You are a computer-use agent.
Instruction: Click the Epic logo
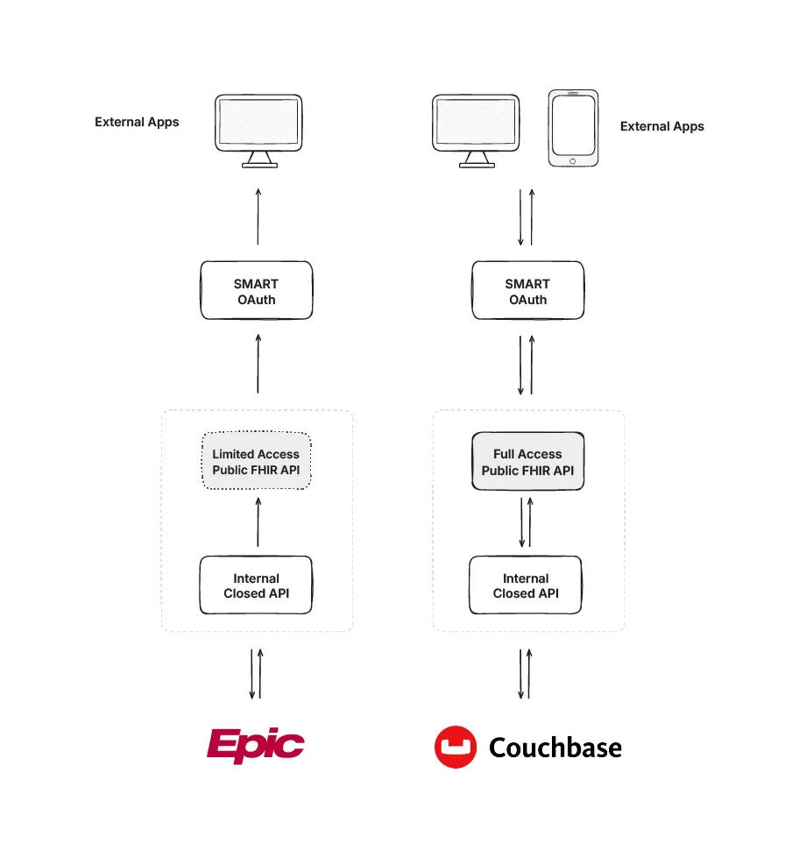[256, 746]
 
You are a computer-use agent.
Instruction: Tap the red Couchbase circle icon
[456, 747]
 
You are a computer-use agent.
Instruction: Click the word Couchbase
[555, 748]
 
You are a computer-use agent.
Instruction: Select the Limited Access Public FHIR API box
[257, 462]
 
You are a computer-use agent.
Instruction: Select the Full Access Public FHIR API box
[527, 462]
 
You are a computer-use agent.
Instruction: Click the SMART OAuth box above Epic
[257, 291]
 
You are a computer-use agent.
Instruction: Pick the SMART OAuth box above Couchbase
[527, 291]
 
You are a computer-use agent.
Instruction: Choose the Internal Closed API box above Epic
[257, 585]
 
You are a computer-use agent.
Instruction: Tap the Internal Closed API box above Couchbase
[526, 585]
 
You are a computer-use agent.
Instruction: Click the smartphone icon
[573, 128]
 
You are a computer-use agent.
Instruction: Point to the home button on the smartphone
[573, 160]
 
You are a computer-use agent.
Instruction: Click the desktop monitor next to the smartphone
[477, 129]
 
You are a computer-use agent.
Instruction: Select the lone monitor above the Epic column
[259, 129]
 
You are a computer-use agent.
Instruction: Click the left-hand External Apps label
[137, 122]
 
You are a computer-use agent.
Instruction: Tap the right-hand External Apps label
[661, 126]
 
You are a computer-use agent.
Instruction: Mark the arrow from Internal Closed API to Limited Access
[258, 522]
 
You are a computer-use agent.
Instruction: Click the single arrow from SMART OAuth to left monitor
[258, 216]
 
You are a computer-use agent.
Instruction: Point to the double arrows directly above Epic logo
[256, 673]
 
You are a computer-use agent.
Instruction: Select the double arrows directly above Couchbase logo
[526, 673]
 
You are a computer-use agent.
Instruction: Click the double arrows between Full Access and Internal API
[526, 522]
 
